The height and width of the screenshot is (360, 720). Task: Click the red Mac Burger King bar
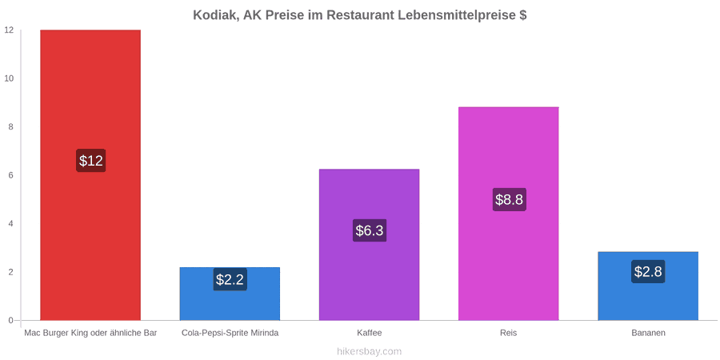pos(90,175)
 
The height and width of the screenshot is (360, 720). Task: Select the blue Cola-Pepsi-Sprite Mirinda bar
pos(230,294)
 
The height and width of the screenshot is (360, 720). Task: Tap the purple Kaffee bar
pos(369,245)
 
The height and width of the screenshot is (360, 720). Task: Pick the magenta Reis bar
pos(508,214)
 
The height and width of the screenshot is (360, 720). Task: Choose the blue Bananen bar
pos(648,286)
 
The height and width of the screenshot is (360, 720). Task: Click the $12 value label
pos(91,161)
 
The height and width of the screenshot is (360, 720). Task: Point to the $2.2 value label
pos(230,279)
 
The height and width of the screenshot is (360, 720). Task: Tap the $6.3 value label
pos(369,230)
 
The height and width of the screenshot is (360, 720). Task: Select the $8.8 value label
pos(509,200)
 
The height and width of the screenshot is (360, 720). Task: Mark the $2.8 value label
pos(648,271)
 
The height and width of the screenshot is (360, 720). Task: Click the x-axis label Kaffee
pos(369,333)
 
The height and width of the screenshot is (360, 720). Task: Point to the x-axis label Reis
pos(508,333)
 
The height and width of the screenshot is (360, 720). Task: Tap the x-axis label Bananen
pos(648,333)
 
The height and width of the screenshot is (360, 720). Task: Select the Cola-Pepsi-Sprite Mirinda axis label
pos(230,333)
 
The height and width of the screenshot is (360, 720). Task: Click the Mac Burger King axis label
pos(91,333)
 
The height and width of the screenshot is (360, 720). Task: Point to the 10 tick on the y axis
pos(10,78)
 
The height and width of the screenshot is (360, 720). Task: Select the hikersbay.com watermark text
pos(369,352)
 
